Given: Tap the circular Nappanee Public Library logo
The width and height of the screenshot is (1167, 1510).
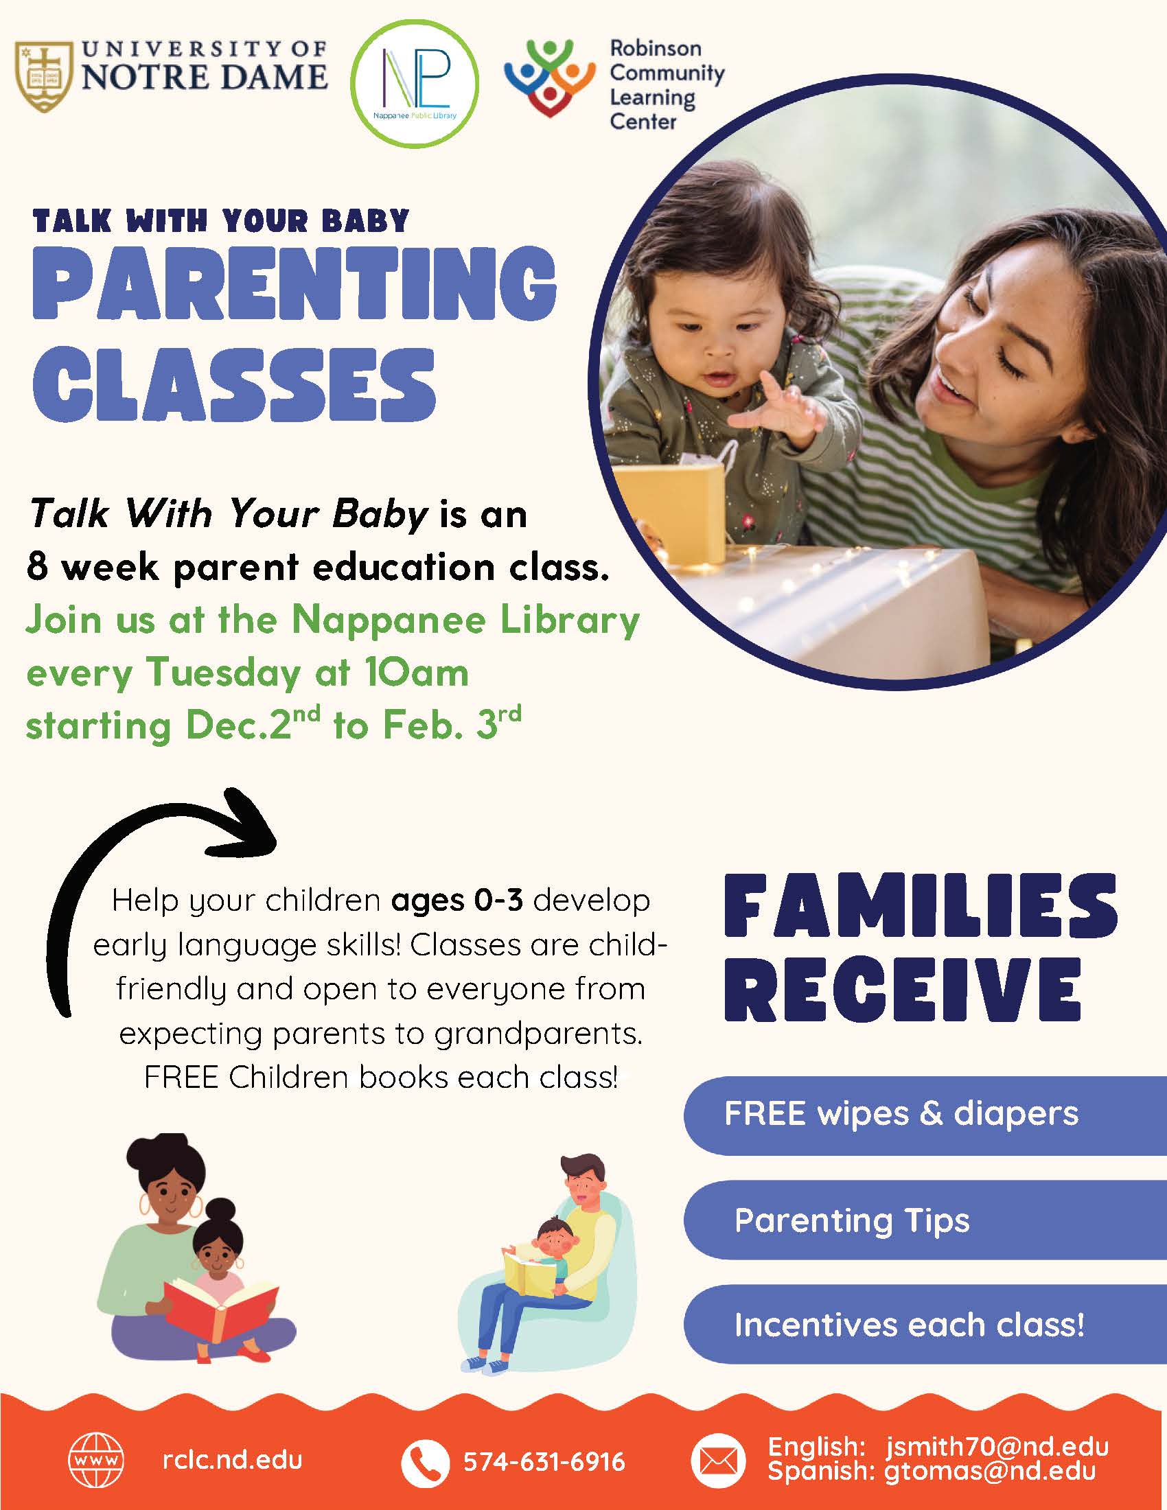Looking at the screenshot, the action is (x=415, y=83).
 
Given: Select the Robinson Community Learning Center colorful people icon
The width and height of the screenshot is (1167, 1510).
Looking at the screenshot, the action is (x=549, y=78).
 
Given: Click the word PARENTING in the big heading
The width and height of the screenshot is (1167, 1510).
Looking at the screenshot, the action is (x=294, y=283).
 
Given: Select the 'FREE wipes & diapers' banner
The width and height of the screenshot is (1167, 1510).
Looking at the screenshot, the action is (x=925, y=1115).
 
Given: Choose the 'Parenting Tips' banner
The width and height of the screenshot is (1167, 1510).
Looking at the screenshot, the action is (x=925, y=1221).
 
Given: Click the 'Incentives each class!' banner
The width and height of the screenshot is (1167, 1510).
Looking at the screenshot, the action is (x=925, y=1325).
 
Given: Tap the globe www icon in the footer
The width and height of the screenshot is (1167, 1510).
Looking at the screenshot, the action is (x=97, y=1460).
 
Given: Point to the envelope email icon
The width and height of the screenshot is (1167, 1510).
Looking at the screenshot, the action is (x=719, y=1461).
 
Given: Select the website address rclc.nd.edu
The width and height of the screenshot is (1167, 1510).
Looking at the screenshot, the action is (x=232, y=1460).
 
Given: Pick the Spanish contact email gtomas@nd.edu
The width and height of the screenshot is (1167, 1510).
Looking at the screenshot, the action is (x=990, y=1471).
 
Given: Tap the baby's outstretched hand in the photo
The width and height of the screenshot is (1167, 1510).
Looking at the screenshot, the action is (x=778, y=408).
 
